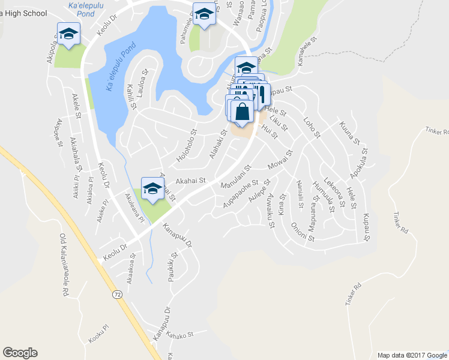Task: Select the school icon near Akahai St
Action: (x=152, y=188)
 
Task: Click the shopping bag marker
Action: (x=241, y=112)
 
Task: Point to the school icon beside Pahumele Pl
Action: (x=204, y=14)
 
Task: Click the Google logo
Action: (x=20, y=353)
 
